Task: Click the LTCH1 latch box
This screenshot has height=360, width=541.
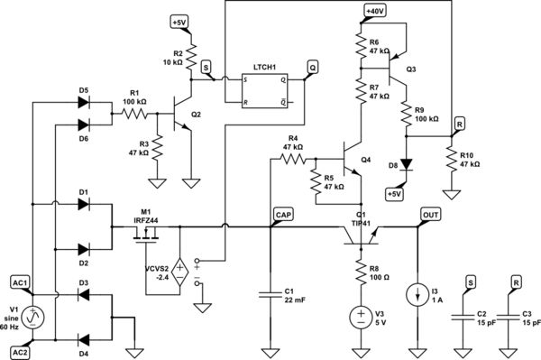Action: (x=264, y=89)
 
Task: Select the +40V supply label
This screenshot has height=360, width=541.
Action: (x=374, y=11)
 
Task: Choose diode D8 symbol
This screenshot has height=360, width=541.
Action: (x=407, y=166)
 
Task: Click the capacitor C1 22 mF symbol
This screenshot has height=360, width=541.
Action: (x=270, y=293)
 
